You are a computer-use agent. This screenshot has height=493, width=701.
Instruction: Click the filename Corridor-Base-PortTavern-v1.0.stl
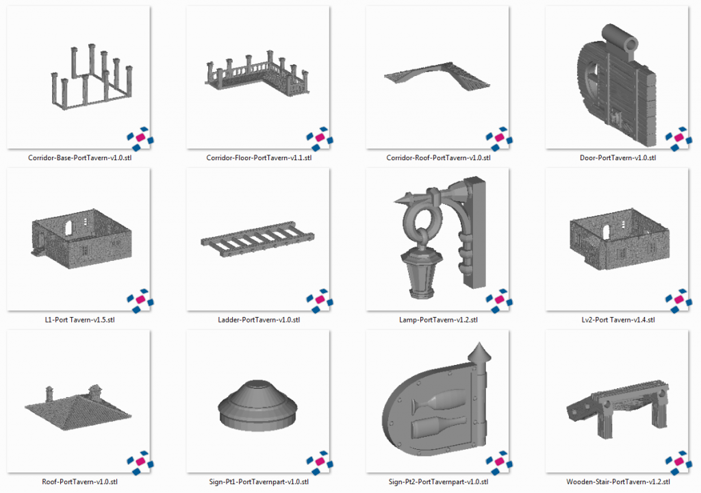click(79, 158)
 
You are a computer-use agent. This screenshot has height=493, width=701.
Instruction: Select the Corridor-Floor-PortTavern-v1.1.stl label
click(259, 158)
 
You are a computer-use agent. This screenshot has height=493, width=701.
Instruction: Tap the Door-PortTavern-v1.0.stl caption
click(618, 158)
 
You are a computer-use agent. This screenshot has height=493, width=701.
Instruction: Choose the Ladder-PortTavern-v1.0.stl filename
click(259, 320)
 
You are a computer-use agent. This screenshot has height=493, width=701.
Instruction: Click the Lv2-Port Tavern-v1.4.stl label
click(618, 320)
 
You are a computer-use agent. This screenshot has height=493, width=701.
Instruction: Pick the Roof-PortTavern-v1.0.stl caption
click(79, 482)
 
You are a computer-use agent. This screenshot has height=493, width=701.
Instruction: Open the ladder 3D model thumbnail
click(257, 239)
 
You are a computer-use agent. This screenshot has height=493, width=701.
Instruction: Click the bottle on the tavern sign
click(438, 427)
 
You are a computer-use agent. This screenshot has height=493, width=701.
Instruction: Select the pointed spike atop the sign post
click(479, 352)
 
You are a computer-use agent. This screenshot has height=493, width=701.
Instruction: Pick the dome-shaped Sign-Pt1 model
click(257, 405)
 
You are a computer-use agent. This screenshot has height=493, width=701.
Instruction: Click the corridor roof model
click(437, 76)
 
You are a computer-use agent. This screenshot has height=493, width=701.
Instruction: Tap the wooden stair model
click(618, 407)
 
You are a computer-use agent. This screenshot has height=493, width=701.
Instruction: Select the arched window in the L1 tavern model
click(68, 227)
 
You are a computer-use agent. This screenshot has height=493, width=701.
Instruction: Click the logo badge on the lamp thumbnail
click(499, 301)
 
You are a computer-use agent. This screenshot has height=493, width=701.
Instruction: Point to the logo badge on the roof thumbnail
click(140, 463)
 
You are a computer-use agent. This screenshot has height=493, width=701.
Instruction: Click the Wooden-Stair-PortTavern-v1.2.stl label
click(618, 482)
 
